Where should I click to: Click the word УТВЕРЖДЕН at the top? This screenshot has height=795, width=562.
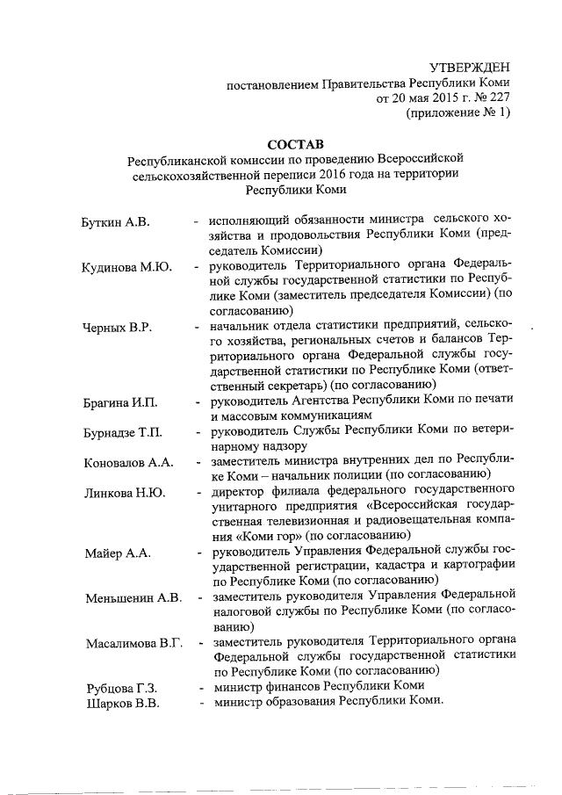pyautogui.click(x=468, y=68)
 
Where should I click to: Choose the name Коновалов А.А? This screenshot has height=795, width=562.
pyautogui.click(x=128, y=462)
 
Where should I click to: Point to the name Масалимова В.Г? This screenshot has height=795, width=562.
pyautogui.click(x=133, y=643)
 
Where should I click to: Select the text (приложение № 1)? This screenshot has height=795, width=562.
pyautogui.click(x=457, y=113)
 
